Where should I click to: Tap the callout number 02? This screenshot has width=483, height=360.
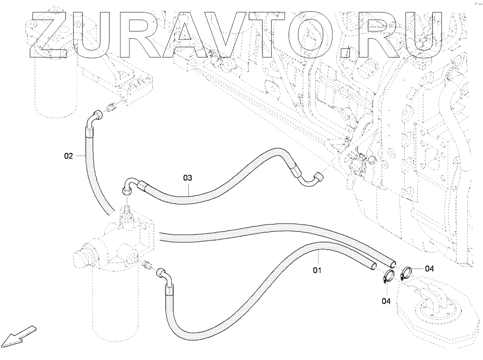click(x=69, y=156)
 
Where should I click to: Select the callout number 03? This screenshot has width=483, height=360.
click(x=187, y=178)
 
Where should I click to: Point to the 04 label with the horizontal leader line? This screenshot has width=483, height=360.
click(x=429, y=269)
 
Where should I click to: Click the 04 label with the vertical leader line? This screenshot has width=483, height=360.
click(x=386, y=300)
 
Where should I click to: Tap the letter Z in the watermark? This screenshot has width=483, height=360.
click(x=48, y=35)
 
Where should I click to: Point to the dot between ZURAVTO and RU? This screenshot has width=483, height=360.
click(x=345, y=53)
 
